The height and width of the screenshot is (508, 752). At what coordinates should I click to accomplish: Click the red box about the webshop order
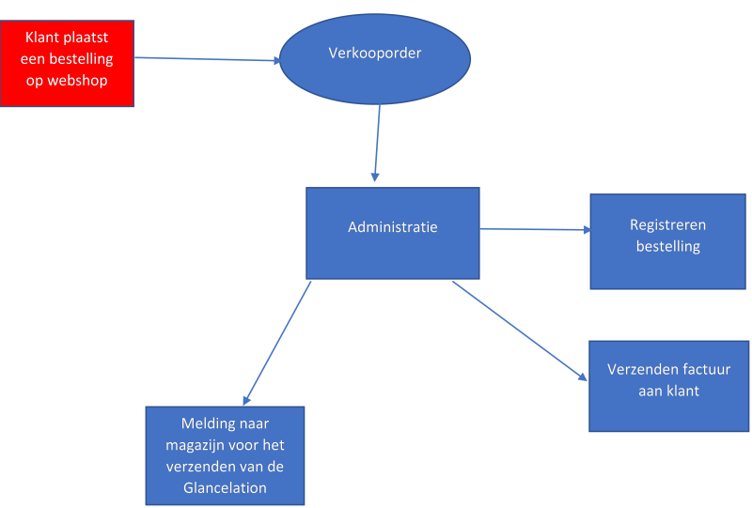pyautogui.click(x=67, y=63)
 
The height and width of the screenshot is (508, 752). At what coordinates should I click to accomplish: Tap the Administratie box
pyautogui.click(x=392, y=232)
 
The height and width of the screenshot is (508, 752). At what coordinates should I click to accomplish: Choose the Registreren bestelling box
pyautogui.click(x=667, y=241)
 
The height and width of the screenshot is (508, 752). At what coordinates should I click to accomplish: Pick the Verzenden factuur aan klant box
pyautogui.click(x=667, y=385)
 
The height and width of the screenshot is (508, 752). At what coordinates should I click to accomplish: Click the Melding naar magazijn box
pyautogui.click(x=226, y=455)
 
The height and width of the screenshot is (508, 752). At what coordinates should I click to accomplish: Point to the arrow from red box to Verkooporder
pyautogui.click(x=208, y=59)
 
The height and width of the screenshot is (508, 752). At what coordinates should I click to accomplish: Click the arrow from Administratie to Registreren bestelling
pyautogui.click(x=534, y=229)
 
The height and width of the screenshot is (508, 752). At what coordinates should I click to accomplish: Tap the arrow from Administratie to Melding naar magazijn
pyautogui.click(x=277, y=343)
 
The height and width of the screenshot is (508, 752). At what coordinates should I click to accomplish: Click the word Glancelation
pyautogui.click(x=225, y=487)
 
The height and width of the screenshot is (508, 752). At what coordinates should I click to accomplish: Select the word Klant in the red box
pyautogui.click(x=43, y=38)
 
